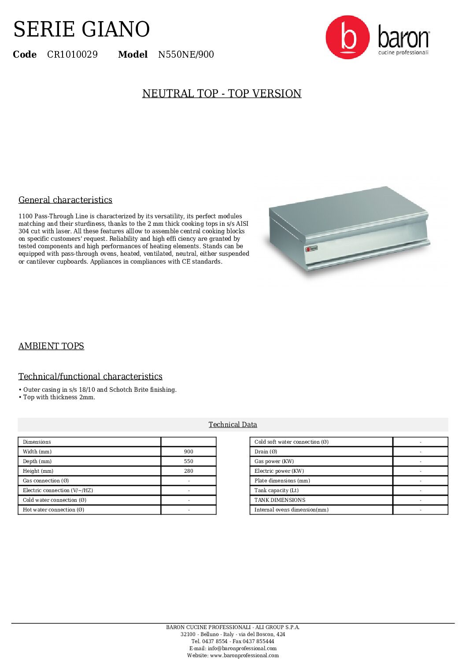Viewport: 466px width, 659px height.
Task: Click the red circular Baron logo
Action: tap(348, 37)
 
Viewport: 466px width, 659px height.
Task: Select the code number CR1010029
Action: tap(72, 55)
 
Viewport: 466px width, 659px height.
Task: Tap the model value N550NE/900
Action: tap(186, 55)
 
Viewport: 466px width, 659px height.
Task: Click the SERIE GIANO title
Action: tap(81, 29)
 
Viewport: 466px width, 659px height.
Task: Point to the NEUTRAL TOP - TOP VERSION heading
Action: tap(222, 94)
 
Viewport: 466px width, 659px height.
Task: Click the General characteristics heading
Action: tap(65, 200)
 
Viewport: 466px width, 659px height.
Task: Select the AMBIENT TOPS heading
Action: tap(51, 346)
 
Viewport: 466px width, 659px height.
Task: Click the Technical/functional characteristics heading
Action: tap(90, 376)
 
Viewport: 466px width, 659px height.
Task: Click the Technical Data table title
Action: tap(233, 424)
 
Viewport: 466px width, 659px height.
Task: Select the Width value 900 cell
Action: tap(189, 452)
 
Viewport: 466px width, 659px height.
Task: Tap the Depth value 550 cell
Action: tap(189, 461)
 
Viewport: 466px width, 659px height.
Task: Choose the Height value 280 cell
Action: tap(189, 471)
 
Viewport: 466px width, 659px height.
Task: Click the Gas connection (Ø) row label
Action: tap(46, 481)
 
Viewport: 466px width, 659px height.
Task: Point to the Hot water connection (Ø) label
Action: tap(53, 510)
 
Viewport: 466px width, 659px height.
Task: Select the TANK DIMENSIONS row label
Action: tap(280, 500)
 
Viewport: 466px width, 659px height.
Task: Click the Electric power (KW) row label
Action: tap(279, 471)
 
